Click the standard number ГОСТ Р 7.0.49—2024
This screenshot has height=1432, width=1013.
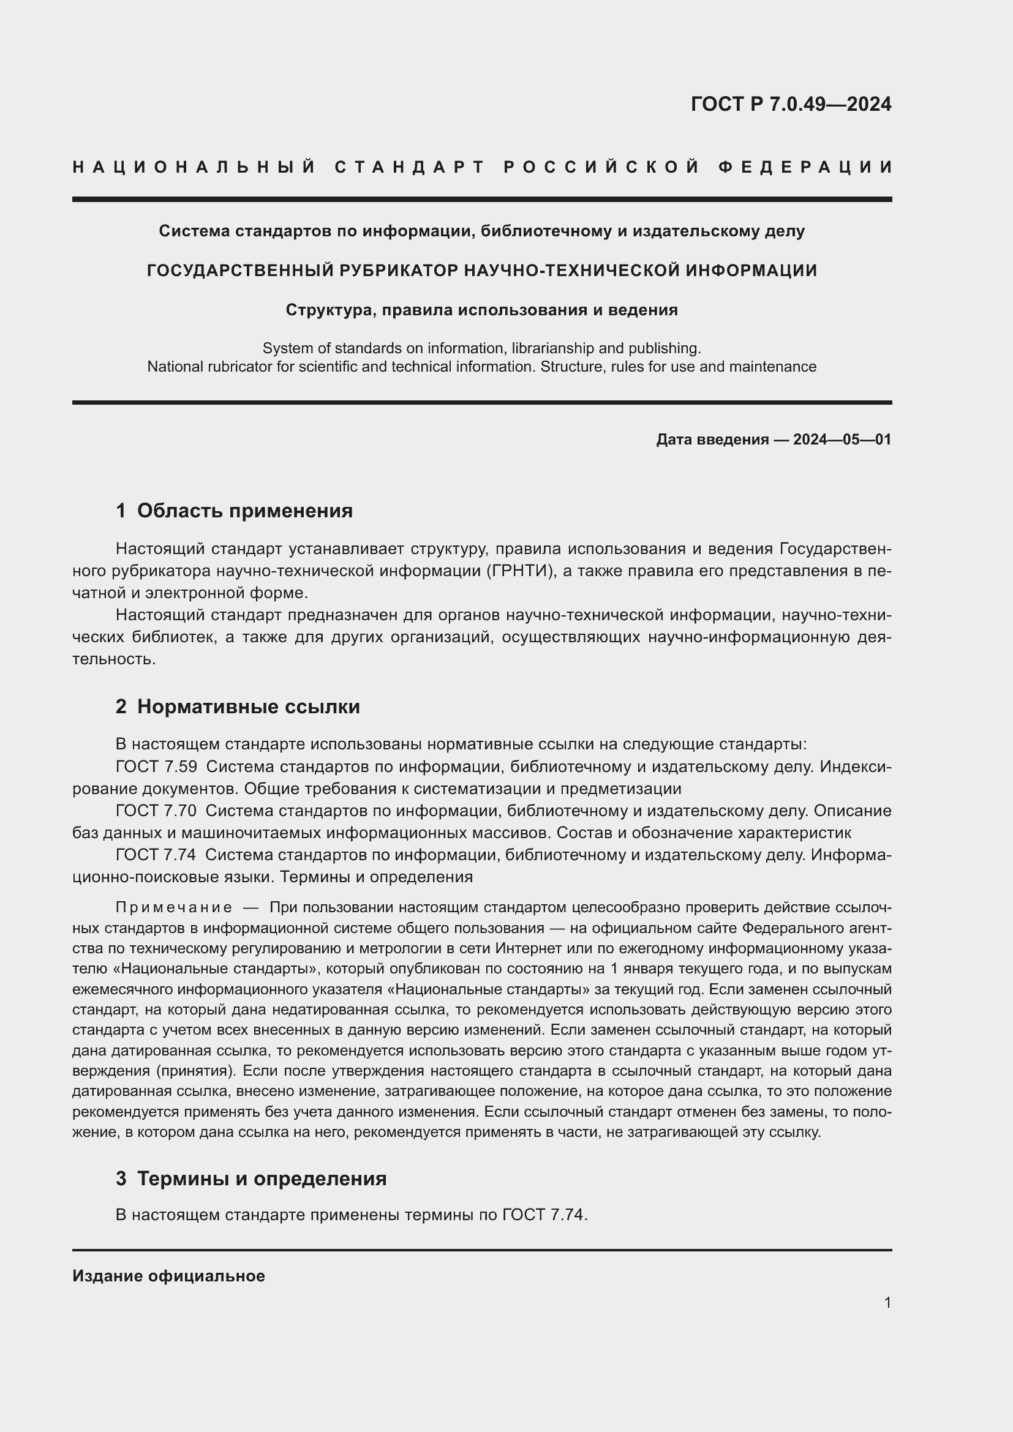pyautogui.click(x=790, y=104)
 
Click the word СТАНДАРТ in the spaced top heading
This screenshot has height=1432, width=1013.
pyautogui.click(x=410, y=167)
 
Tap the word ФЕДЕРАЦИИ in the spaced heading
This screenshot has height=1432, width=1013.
pyautogui.click(x=805, y=167)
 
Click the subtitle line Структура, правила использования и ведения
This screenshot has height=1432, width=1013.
pyautogui.click(x=481, y=310)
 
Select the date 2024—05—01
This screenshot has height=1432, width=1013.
pyautogui.click(x=842, y=440)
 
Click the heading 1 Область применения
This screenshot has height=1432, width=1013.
pyautogui.click(x=234, y=511)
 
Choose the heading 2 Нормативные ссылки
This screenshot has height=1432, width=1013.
pyautogui.click(x=238, y=707)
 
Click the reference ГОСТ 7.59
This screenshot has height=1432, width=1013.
pyautogui.click(x=156, y=767)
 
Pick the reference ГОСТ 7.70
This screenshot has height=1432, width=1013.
pyautogui.click(x=156, y=811)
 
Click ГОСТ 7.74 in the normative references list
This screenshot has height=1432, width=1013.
pyautogui.click(x=156, y=855)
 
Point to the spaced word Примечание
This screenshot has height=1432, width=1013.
pyautogui.click(x=174, y=907)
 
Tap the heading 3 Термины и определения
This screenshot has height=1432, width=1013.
pyautogui.click(x=250, y=1179)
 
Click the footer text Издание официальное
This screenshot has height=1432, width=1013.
pyautogui.click(x=168, y=1276)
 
